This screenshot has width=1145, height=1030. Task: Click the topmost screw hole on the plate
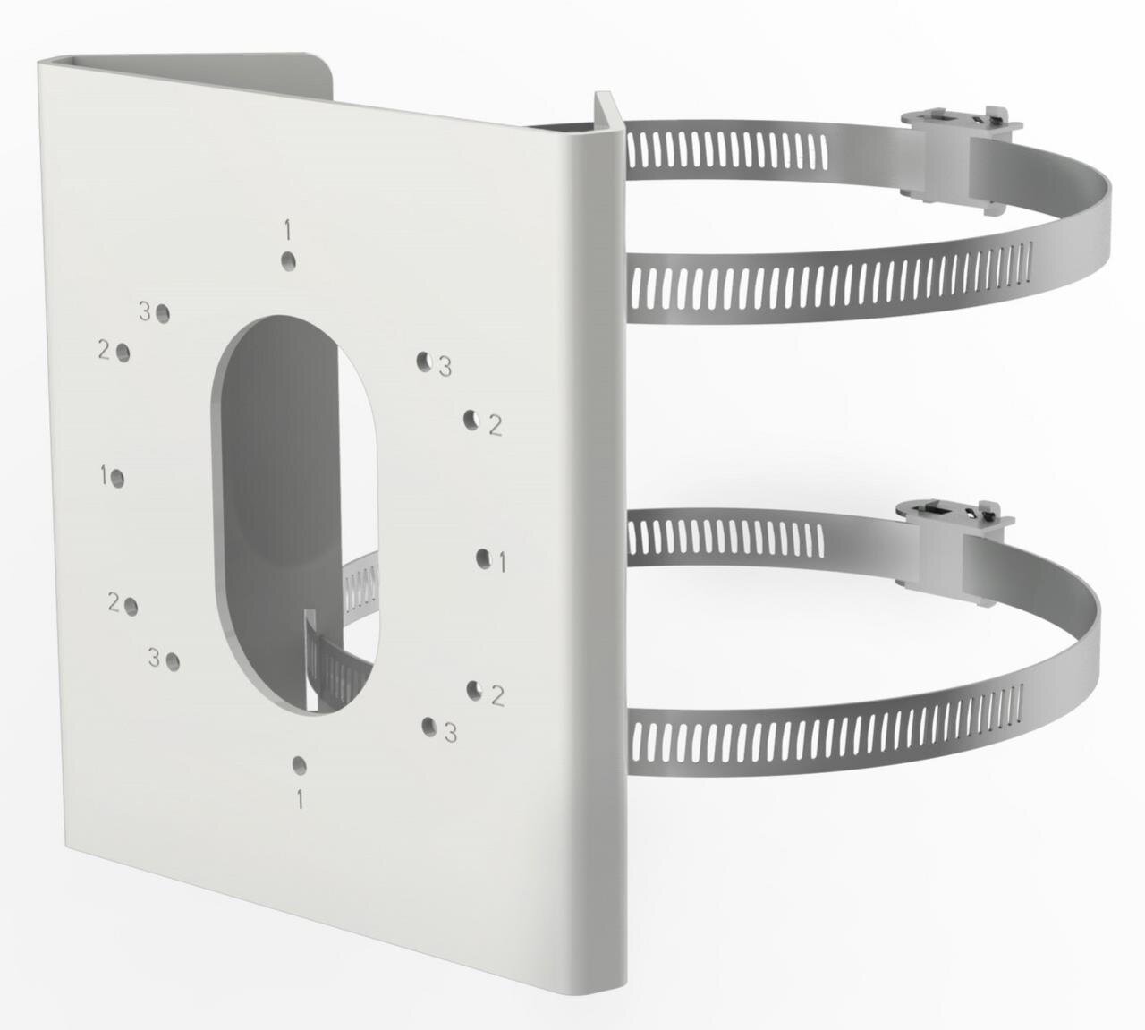click(288, 261)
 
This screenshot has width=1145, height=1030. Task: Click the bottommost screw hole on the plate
click(299, 766)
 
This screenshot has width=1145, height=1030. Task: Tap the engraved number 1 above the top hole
click(288, 230)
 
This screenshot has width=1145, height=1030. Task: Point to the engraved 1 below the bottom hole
click(300, 800)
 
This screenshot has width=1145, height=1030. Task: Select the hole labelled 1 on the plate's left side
click(118, 479)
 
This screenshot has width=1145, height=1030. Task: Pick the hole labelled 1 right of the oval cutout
click(483, 558)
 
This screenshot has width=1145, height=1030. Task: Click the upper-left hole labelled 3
click(163, 313)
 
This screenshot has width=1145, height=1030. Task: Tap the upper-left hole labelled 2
click(123, 353)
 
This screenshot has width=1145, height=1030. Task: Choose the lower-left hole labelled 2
click(131, 606)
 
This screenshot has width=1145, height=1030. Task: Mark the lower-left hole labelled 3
click(173, 661)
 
